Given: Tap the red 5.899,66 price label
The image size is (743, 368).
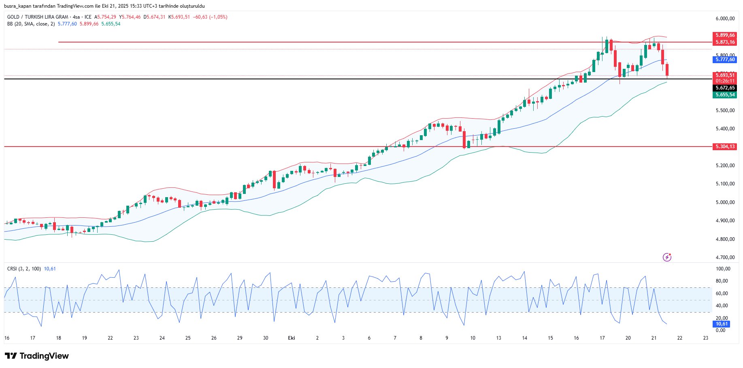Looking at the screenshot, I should [x=725, y=35].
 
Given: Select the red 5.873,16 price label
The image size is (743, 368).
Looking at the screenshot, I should [x=725, y=42].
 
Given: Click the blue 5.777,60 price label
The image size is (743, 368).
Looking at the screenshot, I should [x=725, y=60].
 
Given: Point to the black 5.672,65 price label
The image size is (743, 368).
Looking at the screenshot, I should [x=725, y=88].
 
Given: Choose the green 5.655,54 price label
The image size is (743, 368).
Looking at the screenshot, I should [x=725, y=95].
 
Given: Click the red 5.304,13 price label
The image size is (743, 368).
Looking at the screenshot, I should [x=725, y=147].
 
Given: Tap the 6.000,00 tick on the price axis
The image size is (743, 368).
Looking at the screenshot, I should [x=725, y=19].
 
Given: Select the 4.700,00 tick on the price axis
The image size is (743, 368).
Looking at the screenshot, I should [x=725, y=257].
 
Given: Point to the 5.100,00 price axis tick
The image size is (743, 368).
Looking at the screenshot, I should [x=725, y=184].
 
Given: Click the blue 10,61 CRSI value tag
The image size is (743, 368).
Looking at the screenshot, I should [x=722, y=324].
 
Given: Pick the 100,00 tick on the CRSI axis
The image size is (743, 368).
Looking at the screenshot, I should [x=723, y=269].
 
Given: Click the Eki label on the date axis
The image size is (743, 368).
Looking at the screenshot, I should [x=292, y=338].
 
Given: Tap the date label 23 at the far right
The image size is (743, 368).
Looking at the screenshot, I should [x=706, y=338].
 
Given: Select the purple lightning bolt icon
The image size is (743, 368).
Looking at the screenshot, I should [x=667, y=257].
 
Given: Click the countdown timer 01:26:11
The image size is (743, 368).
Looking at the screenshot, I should [x=725, y=81].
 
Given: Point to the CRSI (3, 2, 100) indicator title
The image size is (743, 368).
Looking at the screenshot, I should [x=24, y=269].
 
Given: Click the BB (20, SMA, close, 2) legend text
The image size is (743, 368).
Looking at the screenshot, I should [x=31, y=24].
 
